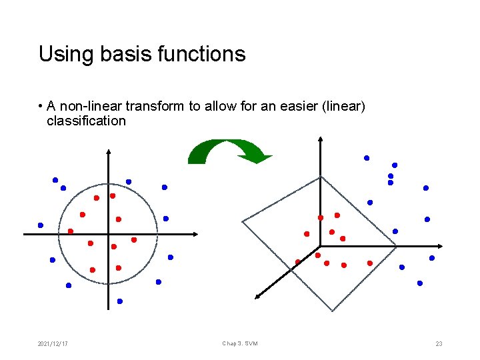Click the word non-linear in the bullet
(x=85, y=107)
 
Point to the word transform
(x=149, y=107)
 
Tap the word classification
(x=86, y=121)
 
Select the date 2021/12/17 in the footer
(x=53, y=343)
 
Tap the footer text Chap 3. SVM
(x=240, y=343)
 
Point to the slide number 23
(x=439, y=343)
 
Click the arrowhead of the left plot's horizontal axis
(x=196, y=234)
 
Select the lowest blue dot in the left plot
(x=120, y=301)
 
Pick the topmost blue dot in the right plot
(x=366, y=158)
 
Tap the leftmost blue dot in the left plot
(x=41, y=225)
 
